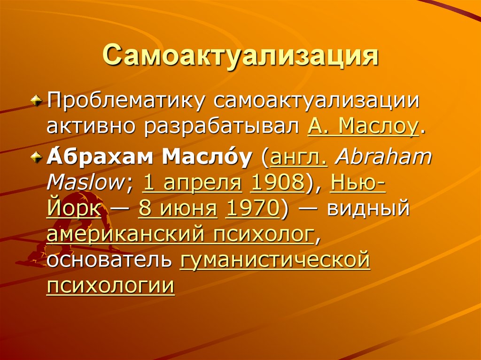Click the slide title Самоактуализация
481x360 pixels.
click(x=240, y=55)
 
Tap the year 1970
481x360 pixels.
click(x=252, y=208)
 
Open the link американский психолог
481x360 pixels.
click(x=180, y=233)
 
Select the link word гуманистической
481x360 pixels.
click(x=275, y=259)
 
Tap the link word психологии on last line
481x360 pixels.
click(x=111, y=284)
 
